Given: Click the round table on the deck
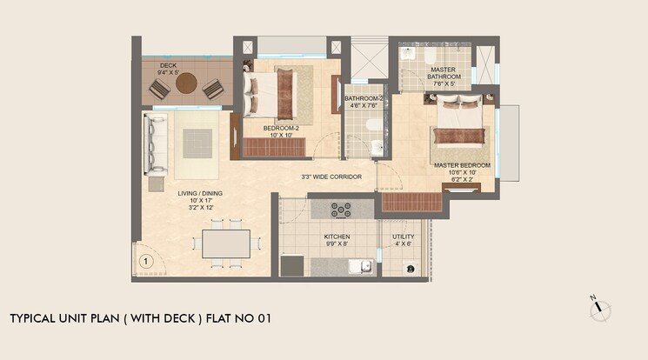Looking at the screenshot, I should [x=186, y=84].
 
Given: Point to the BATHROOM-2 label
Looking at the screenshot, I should [x=363, y=99].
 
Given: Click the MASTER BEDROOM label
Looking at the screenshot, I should [x=462, y=165].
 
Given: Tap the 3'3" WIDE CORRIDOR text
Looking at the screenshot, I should [x=331, y=177].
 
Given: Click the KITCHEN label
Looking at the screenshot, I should [x=337, y=237].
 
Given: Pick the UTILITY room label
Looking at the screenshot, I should [x=403, y=237].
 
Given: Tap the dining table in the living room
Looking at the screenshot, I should [x=226, y=243].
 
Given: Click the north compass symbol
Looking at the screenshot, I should [x=600, y=309].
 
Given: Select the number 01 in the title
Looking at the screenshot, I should [x=264, y=318].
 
